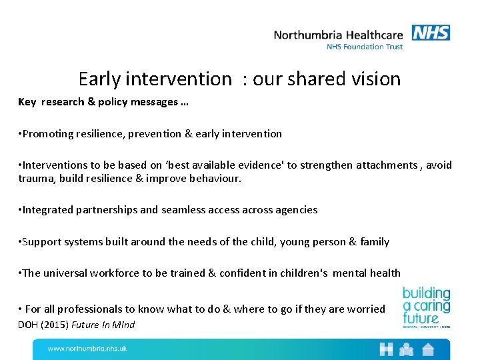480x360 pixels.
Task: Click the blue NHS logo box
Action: (x=431, y=33)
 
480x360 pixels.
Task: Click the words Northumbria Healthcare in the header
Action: (x=339, y=35)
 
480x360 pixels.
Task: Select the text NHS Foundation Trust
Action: (x=364, y=47)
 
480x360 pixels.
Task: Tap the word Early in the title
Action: (x=99, y=79)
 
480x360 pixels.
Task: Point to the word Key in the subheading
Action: (x=27, y=102)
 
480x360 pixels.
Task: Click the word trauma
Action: (x=35, y=179)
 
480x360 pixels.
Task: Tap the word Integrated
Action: (x=49, y=210)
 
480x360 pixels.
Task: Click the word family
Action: (x=375, y=242)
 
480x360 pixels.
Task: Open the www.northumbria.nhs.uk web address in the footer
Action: (x=87, y=349)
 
